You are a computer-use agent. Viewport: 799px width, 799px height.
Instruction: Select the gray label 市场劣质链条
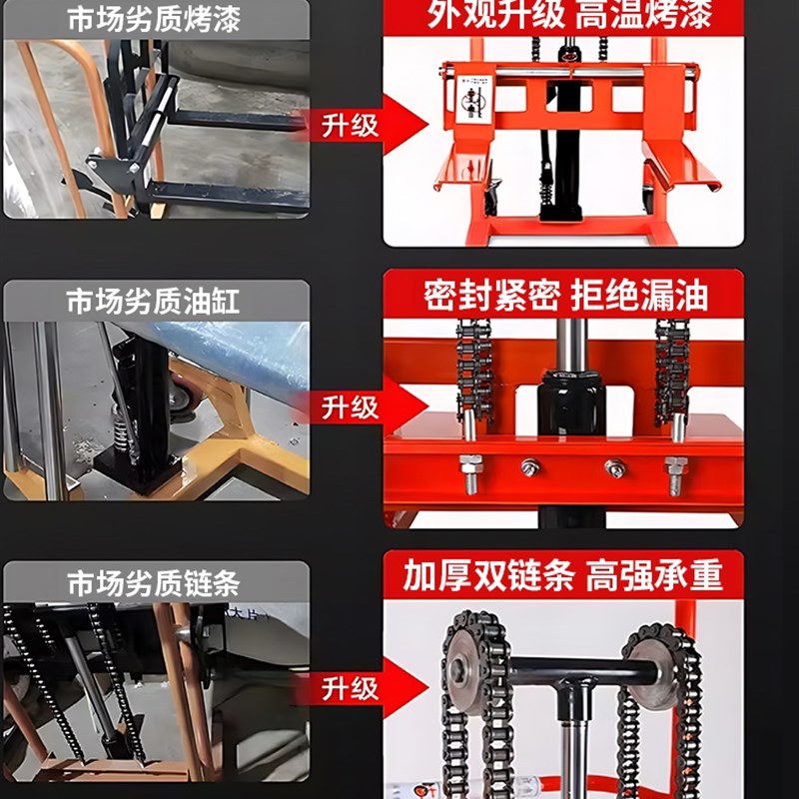pyautogui.click(x=154, y=582)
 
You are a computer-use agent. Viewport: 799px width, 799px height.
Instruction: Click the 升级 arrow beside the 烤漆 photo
pyautogui.click(x=365, y=126)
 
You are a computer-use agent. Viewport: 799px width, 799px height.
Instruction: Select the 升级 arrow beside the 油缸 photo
pyautogui.click(x=365, y=407)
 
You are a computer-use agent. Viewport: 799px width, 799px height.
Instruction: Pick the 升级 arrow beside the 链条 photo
pyautogui.click(x=365, y=688)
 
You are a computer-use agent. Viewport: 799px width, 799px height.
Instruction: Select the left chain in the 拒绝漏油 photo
pyautogui.click(x=473, y=370)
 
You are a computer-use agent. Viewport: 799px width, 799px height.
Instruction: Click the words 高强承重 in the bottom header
pyautogui.click(x=654, y=576)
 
